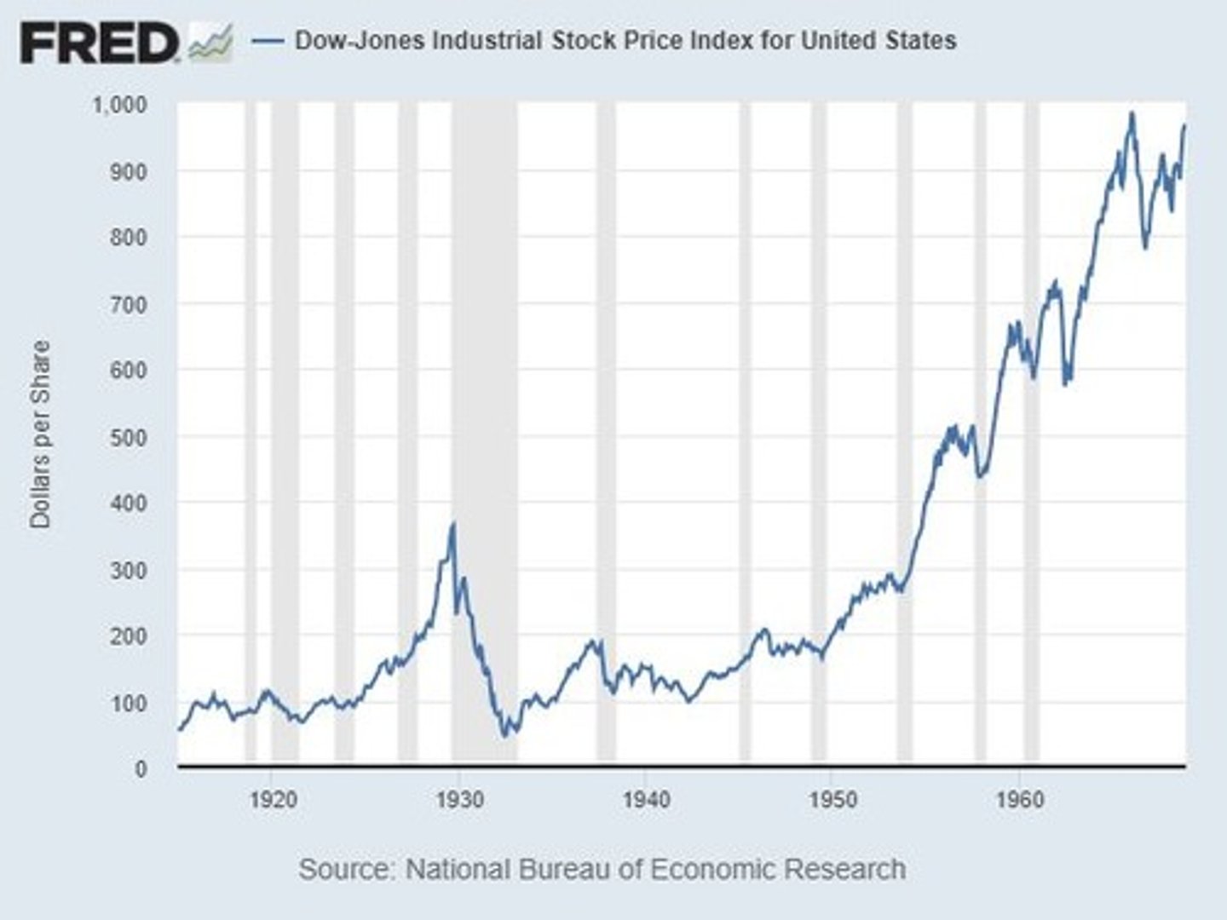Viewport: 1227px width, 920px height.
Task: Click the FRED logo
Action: (101, 43)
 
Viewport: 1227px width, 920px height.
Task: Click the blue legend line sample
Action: (268, 41)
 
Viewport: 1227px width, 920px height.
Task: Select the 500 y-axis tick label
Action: (129, 437)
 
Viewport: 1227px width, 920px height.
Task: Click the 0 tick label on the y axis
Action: (140, 768)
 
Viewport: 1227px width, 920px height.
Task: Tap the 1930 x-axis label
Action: (459, 801)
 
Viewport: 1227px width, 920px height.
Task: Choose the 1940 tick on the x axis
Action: (646, 801)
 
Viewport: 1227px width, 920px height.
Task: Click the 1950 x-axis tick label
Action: (832, 801)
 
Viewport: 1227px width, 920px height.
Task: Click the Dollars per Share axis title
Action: (41, 434)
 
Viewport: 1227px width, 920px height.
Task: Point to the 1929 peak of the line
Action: (453, 524)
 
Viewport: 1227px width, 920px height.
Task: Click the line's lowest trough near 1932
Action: (505, 735)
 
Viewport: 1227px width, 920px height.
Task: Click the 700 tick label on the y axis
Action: (129, 304)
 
